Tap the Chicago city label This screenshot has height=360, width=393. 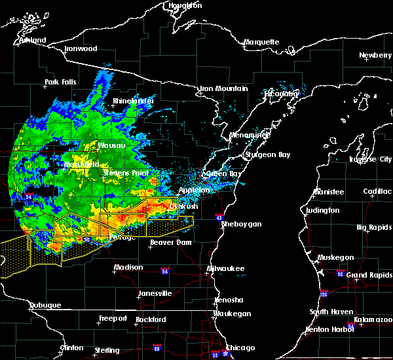(240, 348)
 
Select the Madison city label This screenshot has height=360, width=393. (128, 268)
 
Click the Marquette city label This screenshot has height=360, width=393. (261, 43)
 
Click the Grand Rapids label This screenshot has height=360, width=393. (369, 275)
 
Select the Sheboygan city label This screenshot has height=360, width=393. (242, 225)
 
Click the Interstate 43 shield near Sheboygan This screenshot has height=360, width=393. (219, 217)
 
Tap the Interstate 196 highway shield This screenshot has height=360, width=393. (324, 293)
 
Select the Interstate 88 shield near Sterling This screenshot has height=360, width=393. (157, 348)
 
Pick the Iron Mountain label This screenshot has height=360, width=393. (224, 88)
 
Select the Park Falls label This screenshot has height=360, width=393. (60, 82)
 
